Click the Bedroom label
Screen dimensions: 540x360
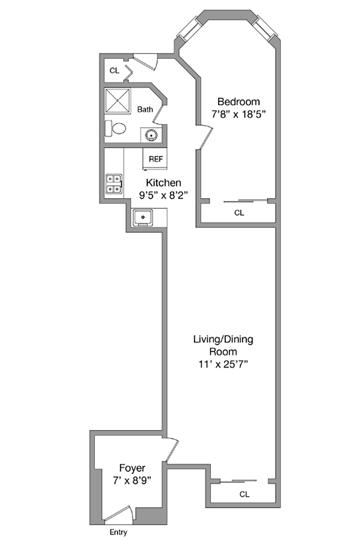coord(238,102)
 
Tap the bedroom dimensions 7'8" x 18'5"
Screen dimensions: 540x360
coord(239,114)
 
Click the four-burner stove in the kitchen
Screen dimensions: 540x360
coord(114,183)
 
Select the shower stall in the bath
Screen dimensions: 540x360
coord(118,101)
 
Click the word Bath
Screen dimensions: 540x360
coord(145,109)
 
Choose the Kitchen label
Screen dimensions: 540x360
coord(163,183)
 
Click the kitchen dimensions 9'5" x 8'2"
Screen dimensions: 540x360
coord(163,195)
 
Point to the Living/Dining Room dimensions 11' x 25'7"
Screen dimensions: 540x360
coord(223,364)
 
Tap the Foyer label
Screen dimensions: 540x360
coord(132,468)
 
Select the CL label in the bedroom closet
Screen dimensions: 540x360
coord(239,213)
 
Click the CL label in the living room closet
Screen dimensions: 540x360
coord(244,494)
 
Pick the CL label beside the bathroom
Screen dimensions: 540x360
coord(114,70)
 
